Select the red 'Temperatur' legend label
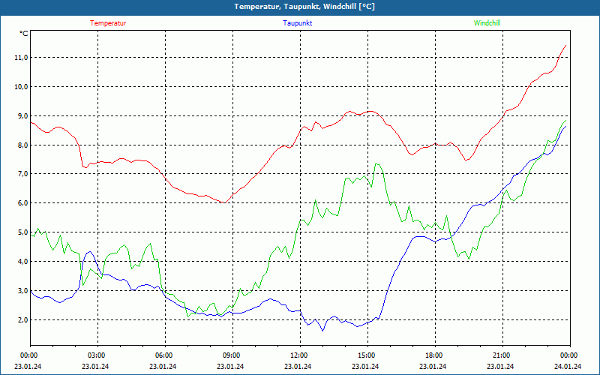pyautogui.click(x=108, y=23)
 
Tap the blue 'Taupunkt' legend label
pyautogui.click(x=298, y=23)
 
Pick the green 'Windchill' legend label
pyautogui.click(x=487, y=23)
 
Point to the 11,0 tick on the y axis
pyautogui.click(x=20, y=58)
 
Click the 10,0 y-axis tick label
pyautogui.click(x=20, y=87)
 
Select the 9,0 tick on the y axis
pyautogui.click(x=21, y=116)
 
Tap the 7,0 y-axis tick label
pyautogui.click(x=21, y=174)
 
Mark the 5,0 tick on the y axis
pyautogui.click(x=21, y=232)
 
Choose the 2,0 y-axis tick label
pyautogui.click(x=21, y=320)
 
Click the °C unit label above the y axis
pyautogui.click(x=24, y=34)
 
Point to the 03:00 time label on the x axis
pyautogui.click(x=97, y=355)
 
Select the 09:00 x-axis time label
pyautogui.click(x=232, y=355)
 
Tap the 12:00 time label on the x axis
pyautogui.click(x=299, y=355)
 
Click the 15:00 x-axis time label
pyautogui.click(x=367, y=355)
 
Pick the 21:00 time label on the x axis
pyautogui.click(x=502, y=355)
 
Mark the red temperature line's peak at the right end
pyautogui.click(x=565, y=45)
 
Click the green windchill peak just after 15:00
pyautogui.click(x=376, y=163)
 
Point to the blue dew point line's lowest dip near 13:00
pyautogui.click(x=323, y=330)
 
